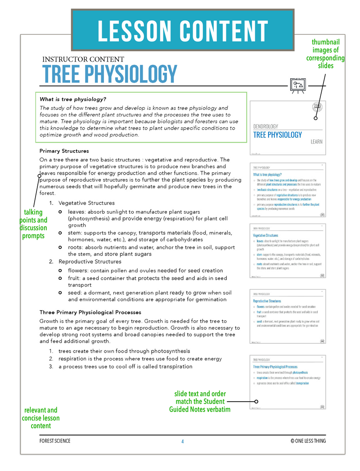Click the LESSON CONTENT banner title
pyautogui.click(x=182, y=31)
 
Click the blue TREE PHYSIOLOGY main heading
pyautogui.click(x=109, y=74)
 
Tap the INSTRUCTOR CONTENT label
pyautogui.click(x=83, y=59)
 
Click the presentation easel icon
pyautogui.click(x=297, y=85)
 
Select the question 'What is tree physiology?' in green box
pyautogui.click(x=76, y=99)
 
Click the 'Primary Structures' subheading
pyautogui.click(x=64, y=151)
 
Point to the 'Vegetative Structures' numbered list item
pyautogui.click(x=86, y=203)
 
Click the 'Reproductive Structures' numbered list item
pyautogui.click(x=90, y=261)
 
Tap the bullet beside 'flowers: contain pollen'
pyautogui.click(x=60, y=270)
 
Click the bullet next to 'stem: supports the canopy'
pyautogui.click(x=60, y=233)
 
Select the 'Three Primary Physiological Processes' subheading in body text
pyautogui.click(x=90, y=312)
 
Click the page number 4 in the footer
pyautogui.click(x=182, y=441)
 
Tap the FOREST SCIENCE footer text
pyautogui.click(x=55, y=441)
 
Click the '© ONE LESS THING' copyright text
pyautogui.click(x=308, y=441)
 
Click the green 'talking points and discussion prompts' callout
pyautogui.click(x=33, y=224)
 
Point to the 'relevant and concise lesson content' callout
pyautogui.click(x=41, y=418)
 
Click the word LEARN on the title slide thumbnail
pyautogui.click(x=316, y=142)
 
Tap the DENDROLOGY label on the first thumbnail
pyautogui.click(x=265, y=126)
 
